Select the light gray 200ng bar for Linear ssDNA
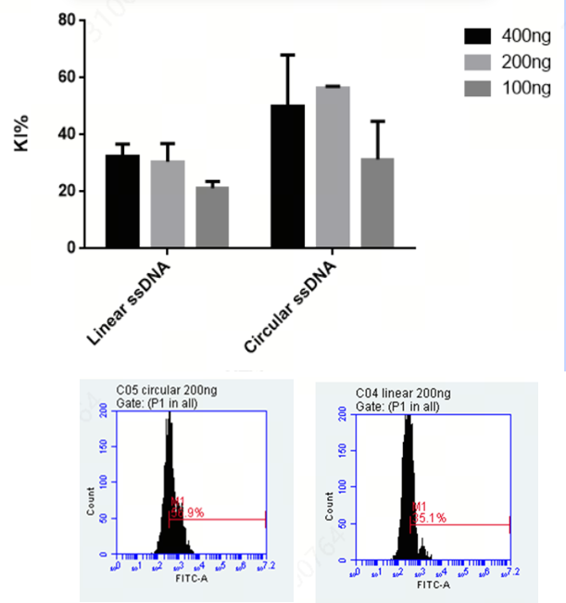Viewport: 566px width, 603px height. pos(168,205)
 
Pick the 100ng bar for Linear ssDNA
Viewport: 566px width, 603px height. pos(212,218)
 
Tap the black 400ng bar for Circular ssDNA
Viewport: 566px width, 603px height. pos(287,177)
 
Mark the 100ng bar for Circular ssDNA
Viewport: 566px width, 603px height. pos(378,204)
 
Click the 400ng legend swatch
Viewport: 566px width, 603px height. pos(478,36)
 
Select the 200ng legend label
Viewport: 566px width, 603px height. pos(526,62)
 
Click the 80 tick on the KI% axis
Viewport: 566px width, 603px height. pos(65,19)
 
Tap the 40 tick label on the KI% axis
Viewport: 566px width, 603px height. pos(65,134)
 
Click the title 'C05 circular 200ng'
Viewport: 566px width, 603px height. pos(161,393)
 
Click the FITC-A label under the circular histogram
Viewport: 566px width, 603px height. pos(192,585)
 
